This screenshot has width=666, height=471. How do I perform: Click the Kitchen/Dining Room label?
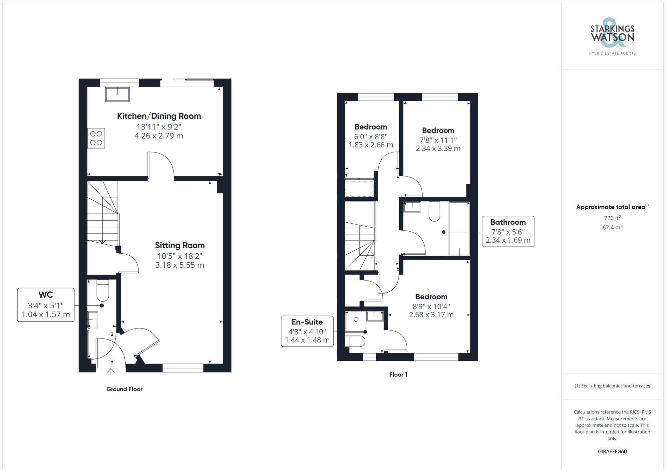(159, 116)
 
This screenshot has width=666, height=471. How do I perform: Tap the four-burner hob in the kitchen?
(96, 138)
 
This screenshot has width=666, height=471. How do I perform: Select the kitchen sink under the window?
(117, 94)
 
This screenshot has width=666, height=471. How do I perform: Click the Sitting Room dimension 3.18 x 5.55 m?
(179, 265)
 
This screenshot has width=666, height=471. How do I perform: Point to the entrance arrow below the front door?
(111, 371)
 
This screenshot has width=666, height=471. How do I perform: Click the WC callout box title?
(46, 295)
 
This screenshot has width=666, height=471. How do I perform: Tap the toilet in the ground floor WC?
(103, 290)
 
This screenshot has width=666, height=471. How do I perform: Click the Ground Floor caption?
(124, 389)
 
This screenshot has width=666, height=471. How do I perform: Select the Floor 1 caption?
(398, 375)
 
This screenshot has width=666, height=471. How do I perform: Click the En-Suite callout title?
(307, 322)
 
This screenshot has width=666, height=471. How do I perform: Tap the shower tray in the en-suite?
(356, 322)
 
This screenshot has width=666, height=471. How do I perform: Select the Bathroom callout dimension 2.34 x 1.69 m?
(508, 240)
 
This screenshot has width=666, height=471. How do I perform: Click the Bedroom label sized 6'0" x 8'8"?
(371, 127)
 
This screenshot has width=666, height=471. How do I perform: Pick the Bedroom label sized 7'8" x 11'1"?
(438, 130)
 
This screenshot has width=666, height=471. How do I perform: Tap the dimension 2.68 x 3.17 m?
(431, 315)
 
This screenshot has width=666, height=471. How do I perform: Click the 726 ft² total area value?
(612, 218)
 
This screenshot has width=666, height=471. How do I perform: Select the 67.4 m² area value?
(612, 228)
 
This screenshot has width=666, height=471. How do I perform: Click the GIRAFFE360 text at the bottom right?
(612, 452)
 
